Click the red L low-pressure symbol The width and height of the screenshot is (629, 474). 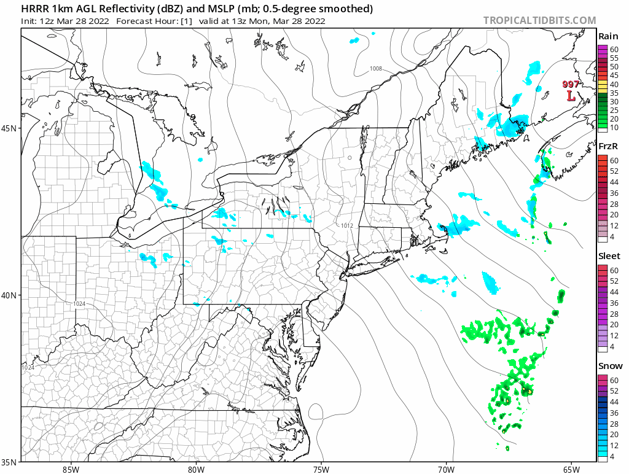click(571, 96)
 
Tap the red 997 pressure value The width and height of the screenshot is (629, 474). click(571, 85)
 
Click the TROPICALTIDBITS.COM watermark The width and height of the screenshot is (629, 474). click(539, 20)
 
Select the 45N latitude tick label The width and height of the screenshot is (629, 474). click(12, 128)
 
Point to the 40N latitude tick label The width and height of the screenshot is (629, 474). click(12, 295)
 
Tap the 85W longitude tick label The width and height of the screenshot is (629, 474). click(71, 468)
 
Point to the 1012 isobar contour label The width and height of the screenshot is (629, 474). click(347, 226)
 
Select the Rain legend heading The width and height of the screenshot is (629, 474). click(608, 37)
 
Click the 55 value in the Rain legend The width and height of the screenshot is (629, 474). click(614, 58)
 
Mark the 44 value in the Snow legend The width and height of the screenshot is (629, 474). click(614, 402)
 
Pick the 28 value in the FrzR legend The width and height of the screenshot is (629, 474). click(614, 204)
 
